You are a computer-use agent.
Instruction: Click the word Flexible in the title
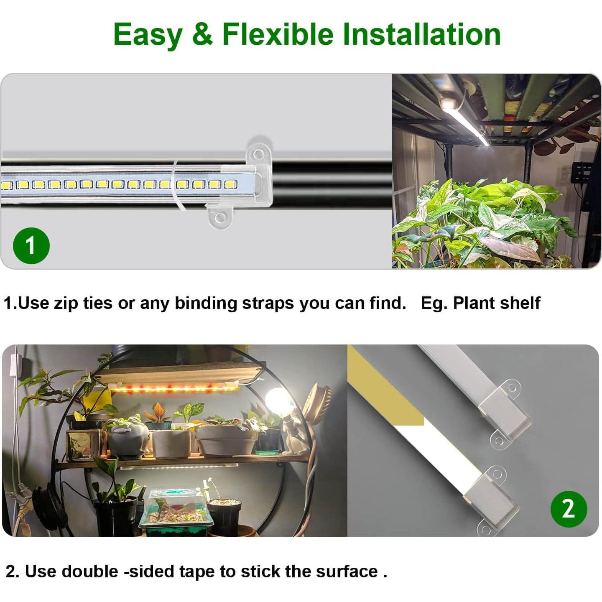tap(278, 34)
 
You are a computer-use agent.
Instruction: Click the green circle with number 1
tap(31, 245)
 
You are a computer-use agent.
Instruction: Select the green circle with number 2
tap(569, 509)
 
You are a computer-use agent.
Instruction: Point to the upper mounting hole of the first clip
tap(259, 154)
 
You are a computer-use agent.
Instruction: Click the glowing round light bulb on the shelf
tap(278, 401)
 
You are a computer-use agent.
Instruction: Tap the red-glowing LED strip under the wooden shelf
tap(173, 389)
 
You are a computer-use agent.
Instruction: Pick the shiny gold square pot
tap(84, 446)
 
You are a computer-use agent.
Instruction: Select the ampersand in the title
tap(202, 34)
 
